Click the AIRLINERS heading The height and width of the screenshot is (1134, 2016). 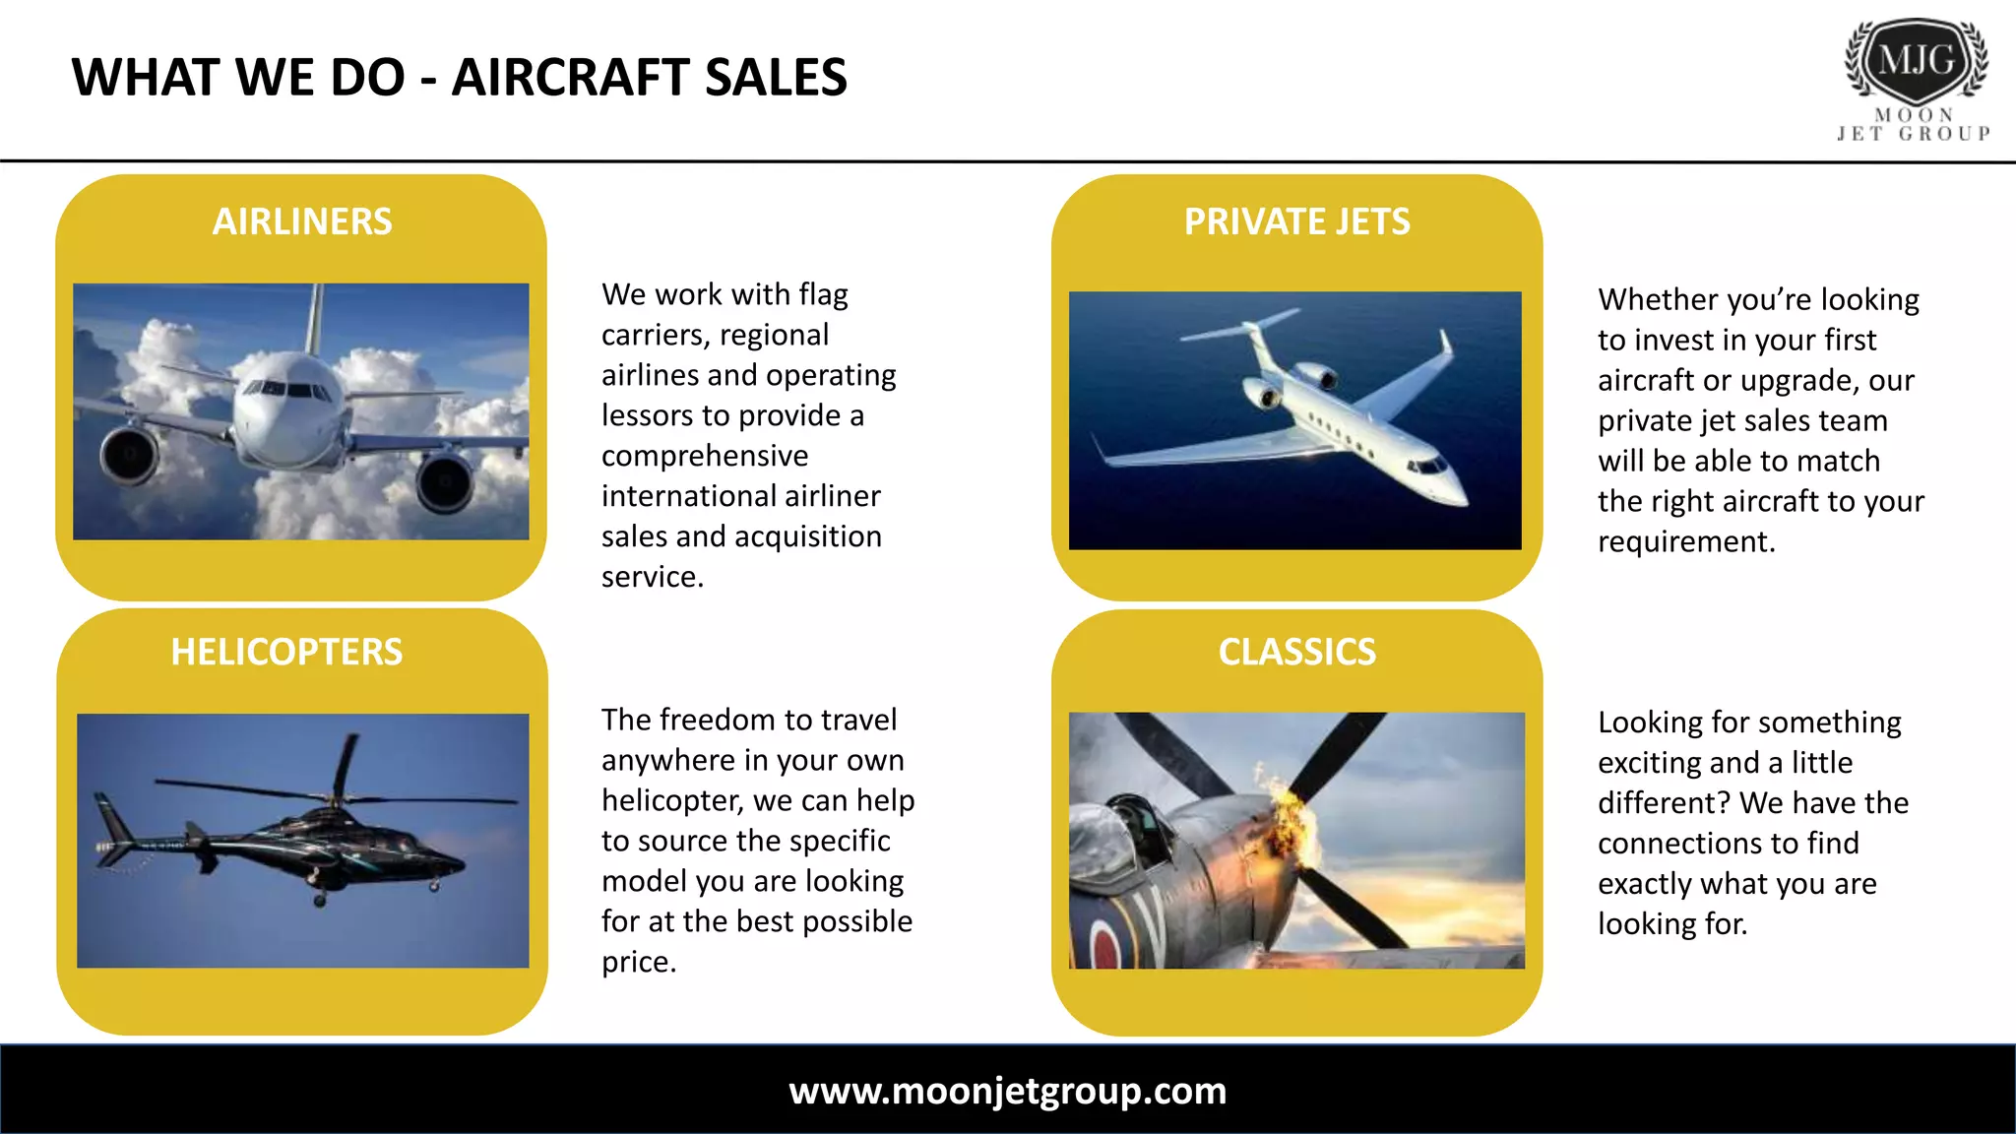[x=302, y=221]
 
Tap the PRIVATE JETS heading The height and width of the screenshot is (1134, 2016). [x=1296, y=221]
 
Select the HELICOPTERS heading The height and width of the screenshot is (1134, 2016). [x=286, y=652]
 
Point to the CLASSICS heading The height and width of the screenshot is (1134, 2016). [x=1296, y=652]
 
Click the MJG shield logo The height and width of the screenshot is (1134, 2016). [x=1916, y=60]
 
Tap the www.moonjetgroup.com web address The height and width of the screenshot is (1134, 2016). [x=1007, y=1091]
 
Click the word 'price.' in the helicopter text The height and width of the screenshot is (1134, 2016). [x=639, y=962]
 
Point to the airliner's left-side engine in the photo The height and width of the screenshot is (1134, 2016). [x=131, y=456]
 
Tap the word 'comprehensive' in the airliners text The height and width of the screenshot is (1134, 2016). [x=705, y=456]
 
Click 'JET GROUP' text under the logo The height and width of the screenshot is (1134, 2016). [x=1914, y=133]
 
